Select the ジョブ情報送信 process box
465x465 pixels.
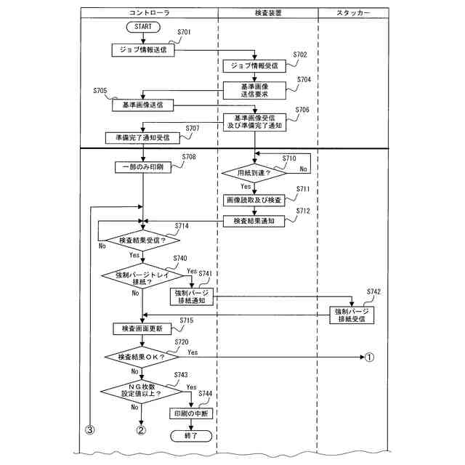click(x=143, y=50)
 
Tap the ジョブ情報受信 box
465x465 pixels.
click(x=254, y=66)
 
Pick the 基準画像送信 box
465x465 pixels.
click(x=142, y=105)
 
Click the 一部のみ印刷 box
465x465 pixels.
click(x=143, y=167)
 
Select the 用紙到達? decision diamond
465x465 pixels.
click(x=254, y=173)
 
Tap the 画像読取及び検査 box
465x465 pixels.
click(x=254, y=199)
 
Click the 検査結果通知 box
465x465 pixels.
click(x=254, y=221)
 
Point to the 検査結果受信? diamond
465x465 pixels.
click(x=142, y=240)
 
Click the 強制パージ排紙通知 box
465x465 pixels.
click(x=192, y=296)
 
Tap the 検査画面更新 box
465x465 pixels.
click(x=142, y=328)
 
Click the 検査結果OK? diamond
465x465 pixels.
click(x=142, y=357)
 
